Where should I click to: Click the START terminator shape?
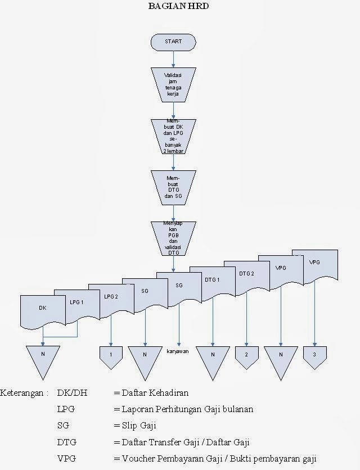click(173, 42)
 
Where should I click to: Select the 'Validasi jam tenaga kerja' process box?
click(173, 84)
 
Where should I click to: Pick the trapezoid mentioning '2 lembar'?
click(173, 136)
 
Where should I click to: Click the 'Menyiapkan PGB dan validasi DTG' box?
click(173, 238)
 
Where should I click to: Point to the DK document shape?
click(42, 309)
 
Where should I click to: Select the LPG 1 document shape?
click(76, 302)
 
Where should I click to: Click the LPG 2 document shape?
click(111, 297)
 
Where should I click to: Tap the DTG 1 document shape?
click(211, 279)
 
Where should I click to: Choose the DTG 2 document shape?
click(246, 274)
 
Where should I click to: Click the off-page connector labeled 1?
click(111, 355)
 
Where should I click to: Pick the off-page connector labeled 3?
click(314, 355)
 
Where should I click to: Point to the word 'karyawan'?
click(178, 351)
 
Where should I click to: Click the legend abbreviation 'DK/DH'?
click(72, 392)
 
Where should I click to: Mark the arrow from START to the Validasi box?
click(173, 58)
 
